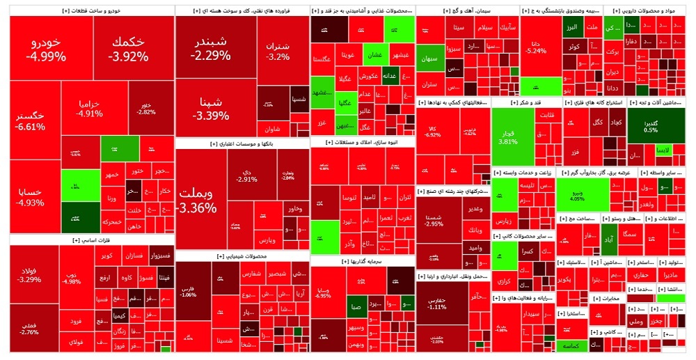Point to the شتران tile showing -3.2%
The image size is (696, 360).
[278, 51]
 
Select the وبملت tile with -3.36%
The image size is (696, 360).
[199, 201]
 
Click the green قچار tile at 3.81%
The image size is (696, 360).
[508, 136]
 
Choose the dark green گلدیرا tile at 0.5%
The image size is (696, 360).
[651, 125]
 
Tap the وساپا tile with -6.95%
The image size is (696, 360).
[323, 290]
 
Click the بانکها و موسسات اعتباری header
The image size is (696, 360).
[243, 143]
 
